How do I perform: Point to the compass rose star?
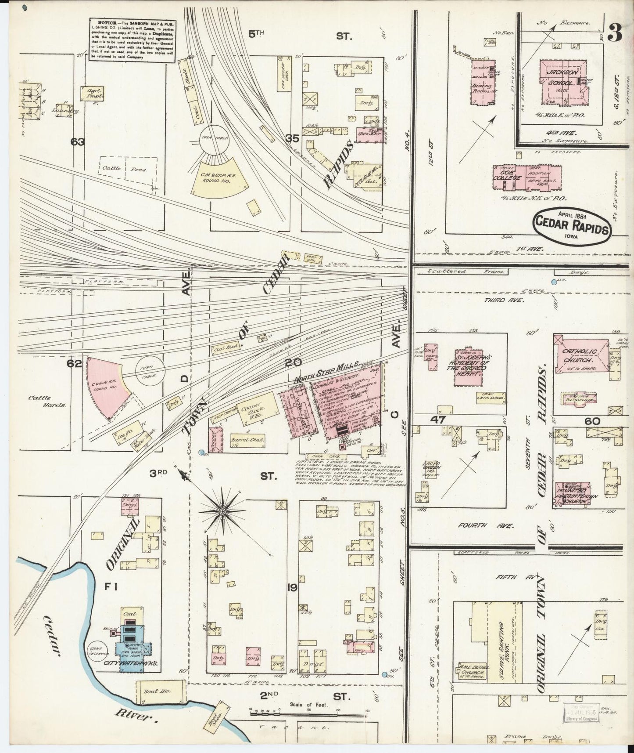pyautogui.click(x=222, y=511)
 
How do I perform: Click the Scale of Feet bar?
pyautogui.click(x=310, y=711)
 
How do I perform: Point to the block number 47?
pyautogui.click(x=438, y=420)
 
